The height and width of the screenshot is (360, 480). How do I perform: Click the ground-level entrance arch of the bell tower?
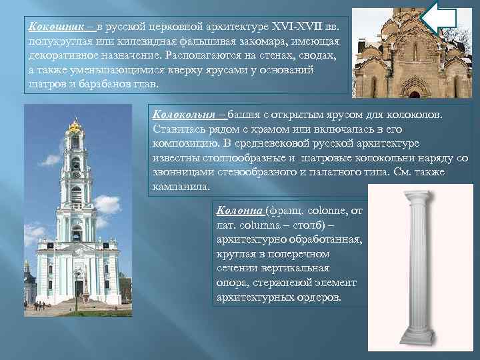[x=79, y=287]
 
